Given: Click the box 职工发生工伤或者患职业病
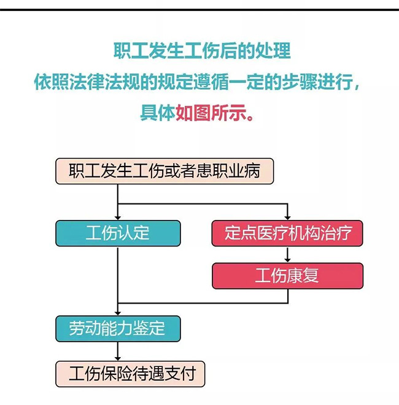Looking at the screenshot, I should tap(164, 171).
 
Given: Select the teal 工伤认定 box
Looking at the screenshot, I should tap(118, 233).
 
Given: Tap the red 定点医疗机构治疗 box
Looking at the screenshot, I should tap(287, 233).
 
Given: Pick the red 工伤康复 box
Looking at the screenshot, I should tap(287, 275).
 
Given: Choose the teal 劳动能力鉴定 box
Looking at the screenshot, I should tap(118, 329).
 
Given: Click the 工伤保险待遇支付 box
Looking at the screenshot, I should tap(130, 373).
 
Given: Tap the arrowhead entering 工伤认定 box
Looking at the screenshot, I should tap(117, 216).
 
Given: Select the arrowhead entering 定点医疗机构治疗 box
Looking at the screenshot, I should tap(287, 216).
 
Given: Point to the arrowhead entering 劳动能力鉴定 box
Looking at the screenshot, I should tap(117, 312).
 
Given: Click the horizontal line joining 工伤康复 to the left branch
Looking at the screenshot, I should tap(203, 303).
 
